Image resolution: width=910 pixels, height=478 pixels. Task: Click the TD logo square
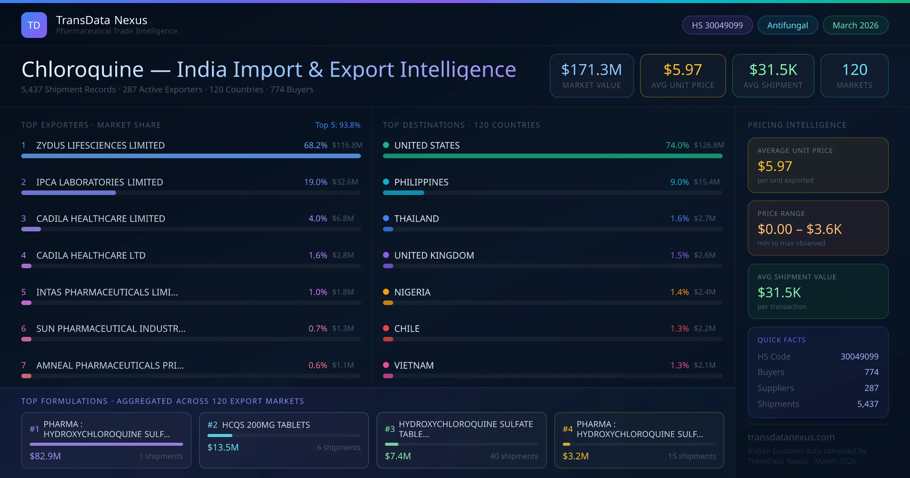[34, 25]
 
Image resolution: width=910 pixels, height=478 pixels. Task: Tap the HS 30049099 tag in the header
[717, 25]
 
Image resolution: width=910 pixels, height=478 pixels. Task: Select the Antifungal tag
[787, 25]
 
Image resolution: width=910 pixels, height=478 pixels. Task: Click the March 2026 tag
[855, 25]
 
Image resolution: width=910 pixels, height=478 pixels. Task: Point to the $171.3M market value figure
[591, 70]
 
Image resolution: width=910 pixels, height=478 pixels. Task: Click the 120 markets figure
[854, 70]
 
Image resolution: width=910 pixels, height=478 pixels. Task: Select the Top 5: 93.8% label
[337, 125]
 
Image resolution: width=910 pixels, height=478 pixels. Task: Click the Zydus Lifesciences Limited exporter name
[100, 145]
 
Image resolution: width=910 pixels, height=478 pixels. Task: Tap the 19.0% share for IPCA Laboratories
[315, 182]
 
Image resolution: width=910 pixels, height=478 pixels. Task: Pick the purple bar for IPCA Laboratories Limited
[69, 193]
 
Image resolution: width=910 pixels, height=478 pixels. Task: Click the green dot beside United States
[386, 145]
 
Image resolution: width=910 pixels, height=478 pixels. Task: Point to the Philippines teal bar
[403, 193]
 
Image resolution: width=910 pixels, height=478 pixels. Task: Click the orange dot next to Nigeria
[386, 292]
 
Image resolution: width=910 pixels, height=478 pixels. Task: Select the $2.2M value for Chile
[704, 329]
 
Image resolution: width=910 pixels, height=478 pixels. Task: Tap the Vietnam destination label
[414, 365]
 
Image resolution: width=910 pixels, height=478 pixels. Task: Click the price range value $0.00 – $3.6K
[799, 229]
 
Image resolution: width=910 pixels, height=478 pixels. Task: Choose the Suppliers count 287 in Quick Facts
[871, 388]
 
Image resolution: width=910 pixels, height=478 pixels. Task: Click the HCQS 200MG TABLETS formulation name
[266, 425]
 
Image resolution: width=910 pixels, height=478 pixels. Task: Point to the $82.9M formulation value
[45, 456]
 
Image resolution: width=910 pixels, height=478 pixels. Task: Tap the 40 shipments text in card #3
[514, 456]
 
